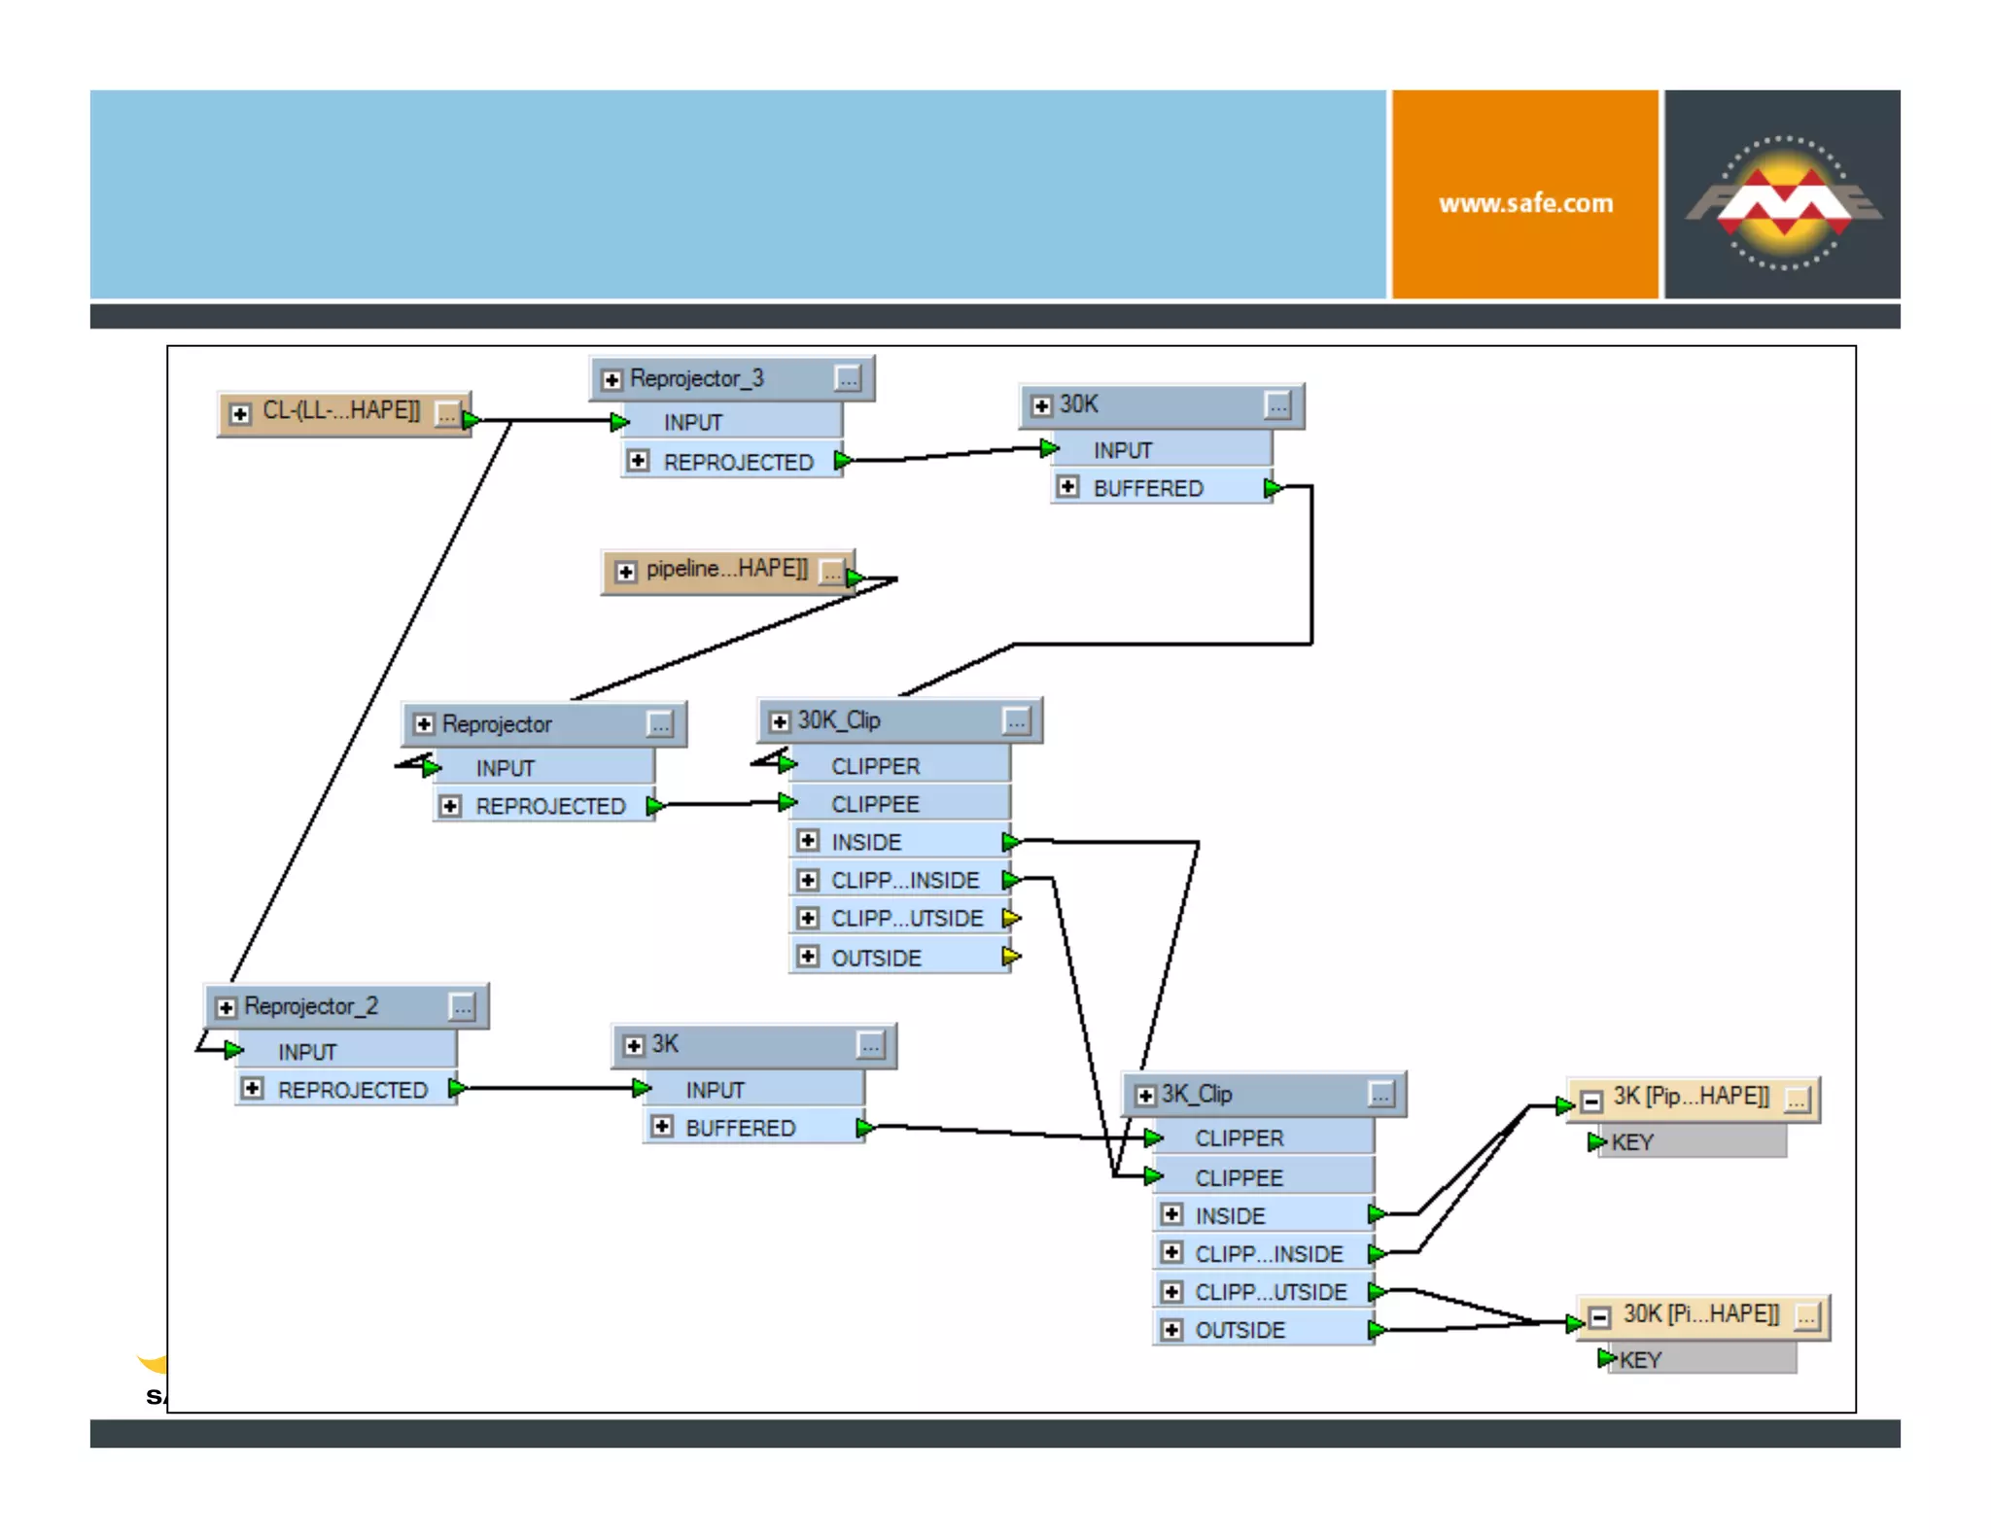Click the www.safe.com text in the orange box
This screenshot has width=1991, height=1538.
click(1524, 203)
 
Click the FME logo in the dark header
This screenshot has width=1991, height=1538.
click(1783, 201)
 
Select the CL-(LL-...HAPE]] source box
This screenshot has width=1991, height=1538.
click(341, 412)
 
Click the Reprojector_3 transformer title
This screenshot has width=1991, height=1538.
click(696, 378)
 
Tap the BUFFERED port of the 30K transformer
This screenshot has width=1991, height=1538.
click(1147, 488)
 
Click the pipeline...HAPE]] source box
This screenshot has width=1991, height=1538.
click(726, 570)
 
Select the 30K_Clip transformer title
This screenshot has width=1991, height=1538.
click(839, 720)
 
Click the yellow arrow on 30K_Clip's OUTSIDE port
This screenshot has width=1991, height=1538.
click(1011, 957)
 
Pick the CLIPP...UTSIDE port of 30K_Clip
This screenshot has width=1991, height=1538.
click(906, 919)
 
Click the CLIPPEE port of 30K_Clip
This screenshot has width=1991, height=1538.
click(875, 804)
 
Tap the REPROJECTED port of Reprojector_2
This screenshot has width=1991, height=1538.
click(352, 1090)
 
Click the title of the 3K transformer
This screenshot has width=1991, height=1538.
click(665, 1045)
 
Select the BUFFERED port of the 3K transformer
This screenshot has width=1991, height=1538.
click(740, 1128)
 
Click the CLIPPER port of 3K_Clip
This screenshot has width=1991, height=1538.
click(1239, 1138)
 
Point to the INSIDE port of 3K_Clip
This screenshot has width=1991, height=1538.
click(1230, 1216)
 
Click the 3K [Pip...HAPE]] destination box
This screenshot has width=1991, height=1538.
click(1690, 1098)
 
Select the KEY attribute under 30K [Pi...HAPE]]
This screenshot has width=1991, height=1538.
click(1641, 1360)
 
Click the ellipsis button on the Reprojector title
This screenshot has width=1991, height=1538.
click(660, 724)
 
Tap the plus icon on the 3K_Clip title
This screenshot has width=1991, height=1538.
click(1145, 1096)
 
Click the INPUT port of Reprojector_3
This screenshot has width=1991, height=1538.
click(692, 423)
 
